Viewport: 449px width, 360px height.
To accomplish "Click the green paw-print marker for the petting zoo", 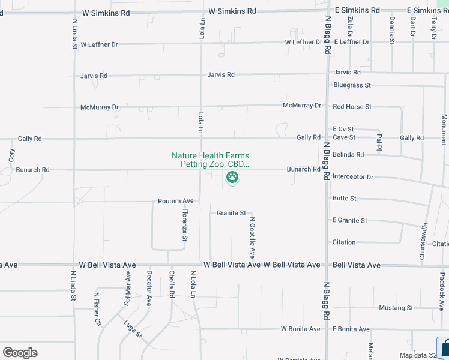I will click(232, 177).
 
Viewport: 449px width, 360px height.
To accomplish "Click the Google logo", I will click(20, 353).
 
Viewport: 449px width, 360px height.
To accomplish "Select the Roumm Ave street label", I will click(176, 201).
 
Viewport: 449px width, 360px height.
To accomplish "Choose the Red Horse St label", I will click(352, 107).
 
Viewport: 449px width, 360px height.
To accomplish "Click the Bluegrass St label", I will click(352, 85).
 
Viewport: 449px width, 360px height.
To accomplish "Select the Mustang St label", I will click(396, 308).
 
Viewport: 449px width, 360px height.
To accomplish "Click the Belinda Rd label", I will click(348, 155).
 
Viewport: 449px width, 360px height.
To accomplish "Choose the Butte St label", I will click(345, 199).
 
